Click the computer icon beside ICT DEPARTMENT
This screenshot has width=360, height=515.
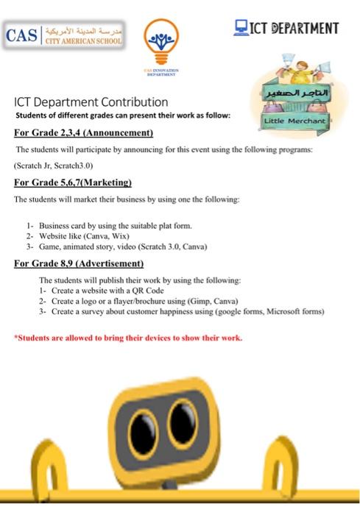tap(241, 28)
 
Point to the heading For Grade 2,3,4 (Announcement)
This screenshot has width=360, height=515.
tap(83, 133)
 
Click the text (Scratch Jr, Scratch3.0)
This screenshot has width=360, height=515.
tap(54, 166)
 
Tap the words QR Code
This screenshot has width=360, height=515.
tap(147, 291)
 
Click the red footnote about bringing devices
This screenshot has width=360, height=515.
tap(128, 338)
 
